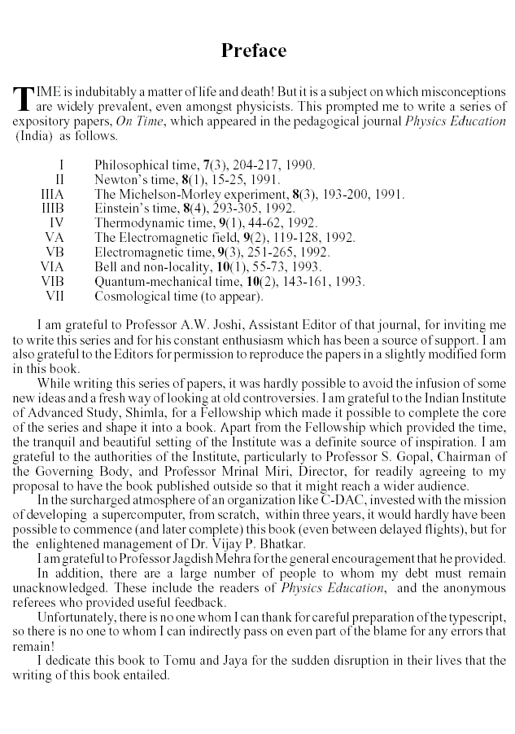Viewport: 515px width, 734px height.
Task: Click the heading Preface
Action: pos(254,51)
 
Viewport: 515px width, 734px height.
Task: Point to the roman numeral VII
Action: pos(55,297)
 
